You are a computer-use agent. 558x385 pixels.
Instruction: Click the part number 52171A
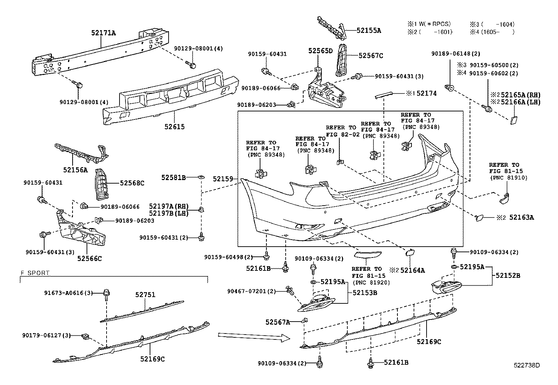(103, 33)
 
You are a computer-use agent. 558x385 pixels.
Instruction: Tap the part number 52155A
(369, 30)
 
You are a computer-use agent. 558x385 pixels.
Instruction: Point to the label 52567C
(371, 55)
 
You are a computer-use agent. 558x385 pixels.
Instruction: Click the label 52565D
(320, 51)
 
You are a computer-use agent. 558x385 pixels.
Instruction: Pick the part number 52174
(426, 94)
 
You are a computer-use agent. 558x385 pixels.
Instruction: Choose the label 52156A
(75, 170)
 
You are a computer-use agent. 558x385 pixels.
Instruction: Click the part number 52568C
(132, 183)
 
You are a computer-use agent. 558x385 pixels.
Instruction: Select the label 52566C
(89, 259)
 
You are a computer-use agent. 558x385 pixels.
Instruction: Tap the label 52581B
(173, 178)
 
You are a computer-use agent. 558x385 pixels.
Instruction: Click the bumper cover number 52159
(223, 179)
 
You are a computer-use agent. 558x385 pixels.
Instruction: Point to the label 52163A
(522, 218)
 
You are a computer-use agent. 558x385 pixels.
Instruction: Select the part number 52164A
(413, 270)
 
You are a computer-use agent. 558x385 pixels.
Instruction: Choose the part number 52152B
(508, 275)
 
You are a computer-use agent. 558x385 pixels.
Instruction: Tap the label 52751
(145, 295)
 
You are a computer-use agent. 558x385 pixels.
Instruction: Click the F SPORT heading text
(35, 273)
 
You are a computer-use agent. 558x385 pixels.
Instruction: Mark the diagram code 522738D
(527, 365)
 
